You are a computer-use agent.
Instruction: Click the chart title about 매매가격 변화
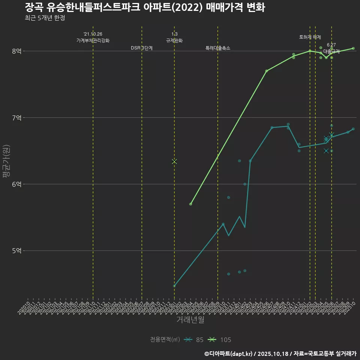145,7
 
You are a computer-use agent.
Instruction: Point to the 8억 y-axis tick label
16,51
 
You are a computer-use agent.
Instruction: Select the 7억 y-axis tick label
16,118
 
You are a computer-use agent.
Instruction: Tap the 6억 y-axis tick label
16,184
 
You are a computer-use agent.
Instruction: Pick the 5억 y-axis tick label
16,250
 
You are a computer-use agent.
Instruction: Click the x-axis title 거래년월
190,319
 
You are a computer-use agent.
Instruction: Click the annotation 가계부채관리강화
93,40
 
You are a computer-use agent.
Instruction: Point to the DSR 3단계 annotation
142,48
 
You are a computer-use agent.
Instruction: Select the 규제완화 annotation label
174,40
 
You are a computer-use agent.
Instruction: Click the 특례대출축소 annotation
218,48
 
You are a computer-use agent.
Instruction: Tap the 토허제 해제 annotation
310,37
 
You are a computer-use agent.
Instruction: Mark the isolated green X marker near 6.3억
174,161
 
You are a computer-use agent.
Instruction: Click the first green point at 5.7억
191,204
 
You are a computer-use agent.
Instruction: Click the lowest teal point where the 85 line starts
174,286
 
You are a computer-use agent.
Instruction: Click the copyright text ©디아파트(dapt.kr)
228,353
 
